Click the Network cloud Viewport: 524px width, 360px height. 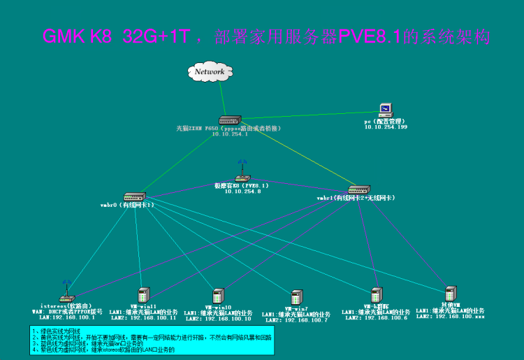[210, 71]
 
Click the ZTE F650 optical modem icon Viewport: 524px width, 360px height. [229, 120]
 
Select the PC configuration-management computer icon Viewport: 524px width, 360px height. [385, 110]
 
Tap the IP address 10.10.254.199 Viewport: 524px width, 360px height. [385, 127]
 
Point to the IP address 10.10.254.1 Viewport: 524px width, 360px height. [229, 134]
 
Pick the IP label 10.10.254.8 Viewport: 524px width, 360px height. [242, 191]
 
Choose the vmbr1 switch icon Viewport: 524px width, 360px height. [358, 189]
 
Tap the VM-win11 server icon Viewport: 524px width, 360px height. [144, 294]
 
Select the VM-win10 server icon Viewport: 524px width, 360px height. [218, 296]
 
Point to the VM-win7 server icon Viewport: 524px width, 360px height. [296, 297]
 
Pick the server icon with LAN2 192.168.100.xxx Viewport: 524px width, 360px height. [451, 293]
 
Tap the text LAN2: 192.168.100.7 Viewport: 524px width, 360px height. [296, 319]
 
